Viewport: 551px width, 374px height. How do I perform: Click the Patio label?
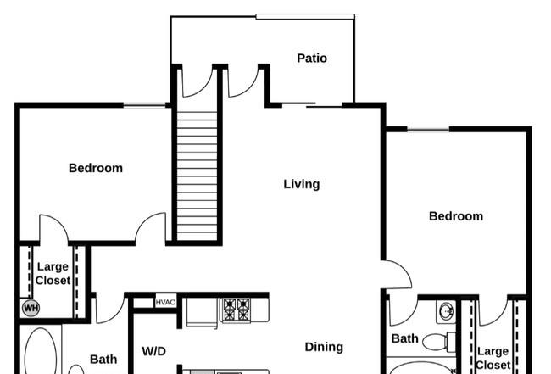[312, 58]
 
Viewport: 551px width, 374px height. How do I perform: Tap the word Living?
[302, 184]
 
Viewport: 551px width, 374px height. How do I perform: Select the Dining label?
[324, 348]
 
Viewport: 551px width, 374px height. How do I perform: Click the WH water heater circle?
[31, 308]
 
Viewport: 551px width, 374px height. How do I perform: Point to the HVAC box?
[165, 302]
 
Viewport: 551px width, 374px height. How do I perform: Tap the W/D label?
[154, 351]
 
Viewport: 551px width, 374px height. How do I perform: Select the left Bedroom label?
[96, 168]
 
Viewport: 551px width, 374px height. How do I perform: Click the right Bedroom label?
[456, 215]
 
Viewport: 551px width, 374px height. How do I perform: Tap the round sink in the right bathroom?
[446, 311]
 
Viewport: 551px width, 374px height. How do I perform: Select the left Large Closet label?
[53, 273]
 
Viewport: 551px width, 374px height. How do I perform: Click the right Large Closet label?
[493, 358]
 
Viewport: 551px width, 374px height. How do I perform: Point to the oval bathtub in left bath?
[41, 351]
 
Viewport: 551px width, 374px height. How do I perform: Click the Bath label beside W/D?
[103, 360]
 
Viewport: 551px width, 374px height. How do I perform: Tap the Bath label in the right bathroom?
[405, 338]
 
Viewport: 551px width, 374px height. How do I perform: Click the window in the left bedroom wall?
[144, 105]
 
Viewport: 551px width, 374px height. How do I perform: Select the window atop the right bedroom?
[428, 129]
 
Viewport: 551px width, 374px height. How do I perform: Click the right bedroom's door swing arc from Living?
[405, 270]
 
